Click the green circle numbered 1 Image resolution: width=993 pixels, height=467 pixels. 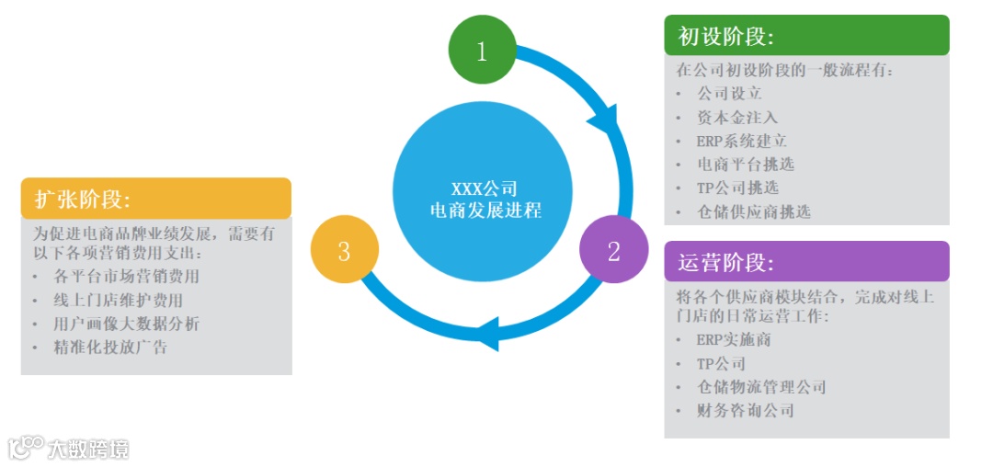coord(481,51)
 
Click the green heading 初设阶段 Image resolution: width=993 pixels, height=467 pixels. coord(725,36)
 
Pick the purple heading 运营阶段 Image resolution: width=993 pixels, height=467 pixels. coord(725,262)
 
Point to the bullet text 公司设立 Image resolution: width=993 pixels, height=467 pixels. coord(729,93)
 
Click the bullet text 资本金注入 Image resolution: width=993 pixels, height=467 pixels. coord(737,117)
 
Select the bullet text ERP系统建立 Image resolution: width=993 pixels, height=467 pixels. coord(741,141)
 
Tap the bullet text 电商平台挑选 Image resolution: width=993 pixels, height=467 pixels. coord(746,164)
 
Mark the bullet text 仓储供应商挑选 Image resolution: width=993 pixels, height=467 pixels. coord(754,211)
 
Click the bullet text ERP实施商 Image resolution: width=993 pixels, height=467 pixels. coord(733,339)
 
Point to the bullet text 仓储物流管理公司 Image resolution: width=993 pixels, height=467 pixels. coord(761,387)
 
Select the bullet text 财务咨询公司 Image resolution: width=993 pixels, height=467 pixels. coord(746,410)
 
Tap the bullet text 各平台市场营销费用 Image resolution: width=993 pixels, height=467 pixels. coord(127,276)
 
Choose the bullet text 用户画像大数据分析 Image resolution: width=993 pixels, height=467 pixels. coord(127,324)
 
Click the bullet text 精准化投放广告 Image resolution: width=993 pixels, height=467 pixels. coord(111,347)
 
